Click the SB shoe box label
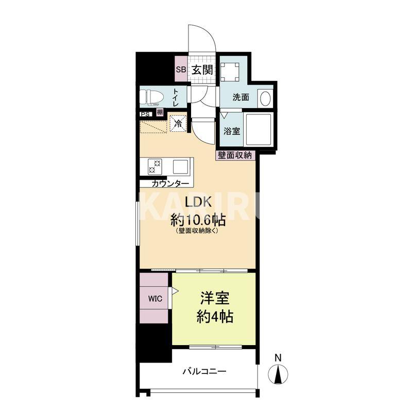pos(181,70)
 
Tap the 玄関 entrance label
pos(202,70)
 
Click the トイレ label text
pos(176,97)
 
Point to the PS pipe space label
pos(146,114)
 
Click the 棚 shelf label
pos(160,112)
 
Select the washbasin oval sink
pos(265,98)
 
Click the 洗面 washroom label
pos(241,97)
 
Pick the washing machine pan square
pos(230,72)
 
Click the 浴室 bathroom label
pos(232,131)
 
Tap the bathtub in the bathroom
pos(257,130)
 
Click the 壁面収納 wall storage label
pos(235,156)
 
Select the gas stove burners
pos(155,167)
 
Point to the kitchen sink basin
pos(180,166)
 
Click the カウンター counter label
pos(170,184)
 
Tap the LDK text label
pos(198,202)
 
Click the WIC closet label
pos(155,299)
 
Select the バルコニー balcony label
pos(204,371)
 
